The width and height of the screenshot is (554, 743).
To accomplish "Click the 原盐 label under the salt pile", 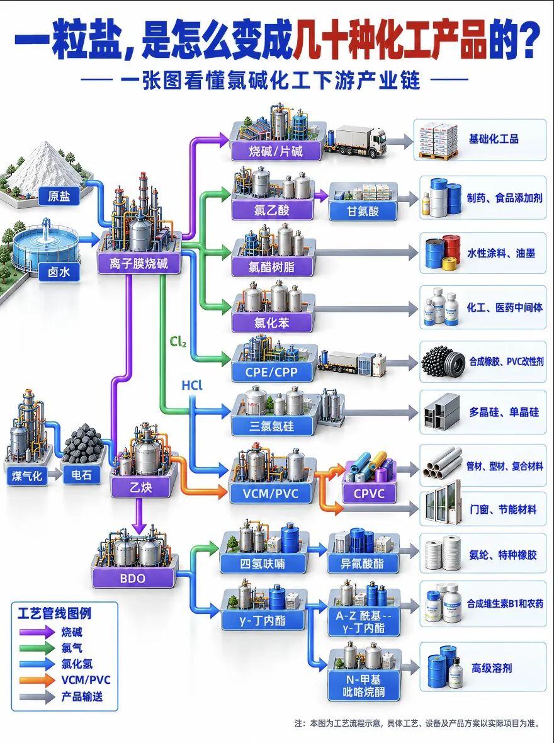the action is [x=59, y=196].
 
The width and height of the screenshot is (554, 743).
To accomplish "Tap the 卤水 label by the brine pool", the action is [x=59, y=272].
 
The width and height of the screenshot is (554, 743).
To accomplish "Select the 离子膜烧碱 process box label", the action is [x=139, y=263].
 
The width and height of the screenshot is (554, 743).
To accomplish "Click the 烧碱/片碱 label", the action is [x=276, y=151].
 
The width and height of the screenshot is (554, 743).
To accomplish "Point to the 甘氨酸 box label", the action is [x=363, y=211].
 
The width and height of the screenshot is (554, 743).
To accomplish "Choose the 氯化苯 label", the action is [x=272, y=322].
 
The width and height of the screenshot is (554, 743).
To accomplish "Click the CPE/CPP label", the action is [x=271, y=373].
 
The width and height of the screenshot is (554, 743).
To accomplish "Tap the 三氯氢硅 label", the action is [x=272, y=426].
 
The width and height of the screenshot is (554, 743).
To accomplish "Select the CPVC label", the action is [x=369, y=494].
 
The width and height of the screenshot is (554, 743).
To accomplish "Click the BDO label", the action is [x=133, y=578].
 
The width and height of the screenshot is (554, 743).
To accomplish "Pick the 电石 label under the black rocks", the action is [x=81, y=475].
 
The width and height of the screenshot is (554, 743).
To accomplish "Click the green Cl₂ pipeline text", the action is [x=178, y=341].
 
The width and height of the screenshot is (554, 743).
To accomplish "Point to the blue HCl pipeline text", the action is [x=192, y=385].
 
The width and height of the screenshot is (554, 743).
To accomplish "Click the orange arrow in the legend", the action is [x=37, y=680].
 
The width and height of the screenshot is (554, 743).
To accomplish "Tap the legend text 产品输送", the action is [x=82, y=696].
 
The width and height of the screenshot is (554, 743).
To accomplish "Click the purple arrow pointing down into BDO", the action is [x=139, y=516].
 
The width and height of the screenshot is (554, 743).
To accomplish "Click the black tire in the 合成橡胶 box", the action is [x=450, y=362].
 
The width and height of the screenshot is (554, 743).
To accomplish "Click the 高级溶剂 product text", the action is [x=492, y=668].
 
